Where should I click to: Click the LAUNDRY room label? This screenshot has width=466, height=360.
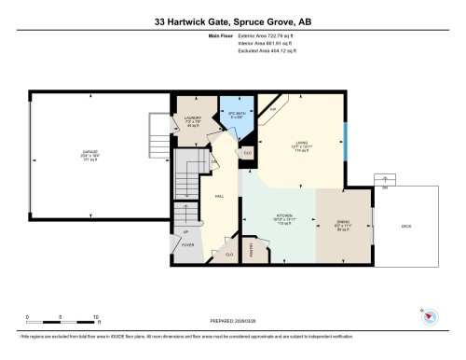[191, 119]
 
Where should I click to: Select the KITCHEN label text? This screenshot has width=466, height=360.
[283, 217]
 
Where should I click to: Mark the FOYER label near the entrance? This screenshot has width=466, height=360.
[187, 245]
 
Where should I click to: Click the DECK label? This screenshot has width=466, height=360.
[405, 225]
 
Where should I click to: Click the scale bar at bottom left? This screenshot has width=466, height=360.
[62, 314]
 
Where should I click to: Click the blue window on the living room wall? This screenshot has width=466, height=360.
[346, 141]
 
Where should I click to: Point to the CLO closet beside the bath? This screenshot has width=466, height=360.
[248, 152]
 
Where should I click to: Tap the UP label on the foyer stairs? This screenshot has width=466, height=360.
[185, 231]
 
